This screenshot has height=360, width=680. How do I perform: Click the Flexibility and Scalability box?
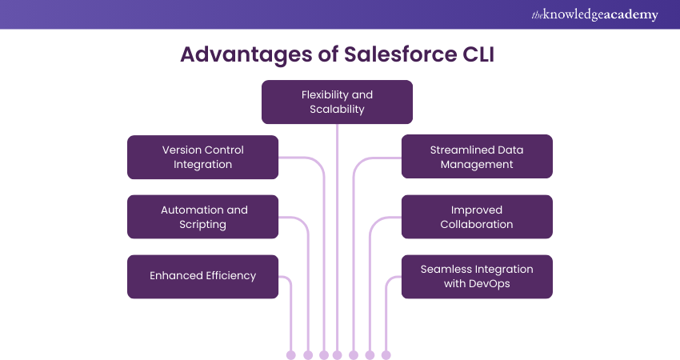click(x=337, y=102)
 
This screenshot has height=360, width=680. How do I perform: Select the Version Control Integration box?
click(x=202, y=157)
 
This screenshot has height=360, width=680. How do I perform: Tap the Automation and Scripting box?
click(x=202, y=217)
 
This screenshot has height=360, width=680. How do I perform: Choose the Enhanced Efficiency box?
click(x=202, y=276)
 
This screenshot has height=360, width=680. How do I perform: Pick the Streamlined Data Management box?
click(x=477, y=157)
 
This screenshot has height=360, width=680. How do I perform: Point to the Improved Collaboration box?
click(x=477, y=217)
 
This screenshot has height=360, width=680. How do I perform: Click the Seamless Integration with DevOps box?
click(x=477, y=276)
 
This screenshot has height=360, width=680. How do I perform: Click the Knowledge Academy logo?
click(x=594, y=14)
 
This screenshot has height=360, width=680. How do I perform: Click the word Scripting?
click(x=202, y=224)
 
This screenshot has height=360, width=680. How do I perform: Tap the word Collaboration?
click(x=477, y=224)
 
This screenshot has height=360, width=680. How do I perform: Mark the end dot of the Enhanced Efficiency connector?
click(x=290, y=354)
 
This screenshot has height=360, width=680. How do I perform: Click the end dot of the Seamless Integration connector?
click(x=386, y=354)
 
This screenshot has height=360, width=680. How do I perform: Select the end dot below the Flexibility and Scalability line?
click(x=337, y=354)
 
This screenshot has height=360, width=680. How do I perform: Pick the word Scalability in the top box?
click(x=337, y=109)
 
